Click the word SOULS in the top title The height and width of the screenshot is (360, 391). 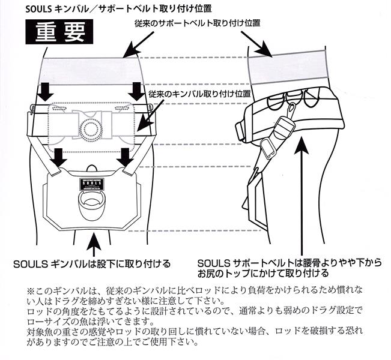pyautogui.click(x=45, y=8)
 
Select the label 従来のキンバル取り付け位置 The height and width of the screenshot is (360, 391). pyautogui.click(x=198, y=94)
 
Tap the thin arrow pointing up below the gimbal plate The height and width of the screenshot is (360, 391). pyautogui.click(x=92, y=243)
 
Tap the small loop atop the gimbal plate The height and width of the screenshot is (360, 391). pyautogui.click(x=91, y=167)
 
